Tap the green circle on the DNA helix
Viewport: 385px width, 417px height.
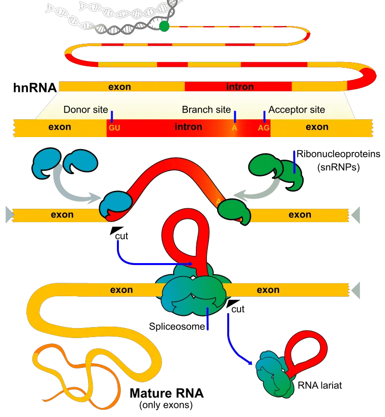(x=165, y=26)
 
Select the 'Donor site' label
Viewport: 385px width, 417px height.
(x=86, y=110)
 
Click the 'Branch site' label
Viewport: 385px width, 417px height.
(x=206, y=110)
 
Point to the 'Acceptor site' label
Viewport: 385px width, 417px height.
(x=296, y=110)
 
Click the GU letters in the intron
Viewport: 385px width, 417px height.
(x=114, y=128)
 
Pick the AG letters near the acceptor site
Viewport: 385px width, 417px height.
(x=264, y=128)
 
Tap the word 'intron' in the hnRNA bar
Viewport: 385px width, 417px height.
(x=240, y=87)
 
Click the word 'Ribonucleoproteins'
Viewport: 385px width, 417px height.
(x=339, y=154)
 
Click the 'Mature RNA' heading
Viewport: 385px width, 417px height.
(x=167, y=393)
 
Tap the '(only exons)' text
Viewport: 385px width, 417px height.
(x=167, y=405)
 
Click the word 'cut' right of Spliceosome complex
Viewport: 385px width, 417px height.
(x=238, y=309)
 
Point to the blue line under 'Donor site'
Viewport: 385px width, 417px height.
(x=112, y=116)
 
